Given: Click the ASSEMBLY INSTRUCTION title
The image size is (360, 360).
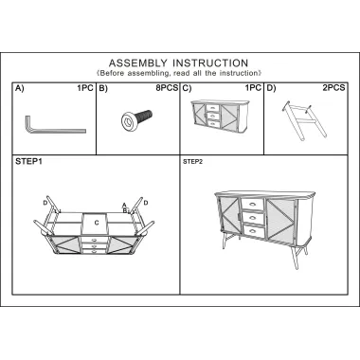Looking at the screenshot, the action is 178,63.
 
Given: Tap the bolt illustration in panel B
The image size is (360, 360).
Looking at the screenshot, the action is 136,118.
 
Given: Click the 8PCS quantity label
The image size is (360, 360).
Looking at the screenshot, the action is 167,88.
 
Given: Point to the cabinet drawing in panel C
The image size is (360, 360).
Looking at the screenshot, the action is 220,117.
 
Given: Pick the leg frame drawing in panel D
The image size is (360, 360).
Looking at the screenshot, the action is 300,120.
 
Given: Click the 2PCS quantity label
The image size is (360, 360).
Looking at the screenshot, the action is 333,88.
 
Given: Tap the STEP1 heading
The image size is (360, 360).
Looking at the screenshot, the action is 28,161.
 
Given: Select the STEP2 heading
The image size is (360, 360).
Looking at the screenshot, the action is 192,162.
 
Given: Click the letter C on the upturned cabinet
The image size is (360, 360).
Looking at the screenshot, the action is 97,223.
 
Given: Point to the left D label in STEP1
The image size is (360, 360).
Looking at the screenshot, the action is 45,203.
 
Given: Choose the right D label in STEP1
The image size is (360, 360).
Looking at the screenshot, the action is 146,203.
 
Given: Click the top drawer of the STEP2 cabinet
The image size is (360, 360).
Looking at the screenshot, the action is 252,205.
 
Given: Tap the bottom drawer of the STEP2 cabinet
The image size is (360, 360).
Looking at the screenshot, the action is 253,231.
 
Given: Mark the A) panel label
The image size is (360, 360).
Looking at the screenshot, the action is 20,88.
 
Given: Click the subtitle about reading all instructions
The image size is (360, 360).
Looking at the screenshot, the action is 179,73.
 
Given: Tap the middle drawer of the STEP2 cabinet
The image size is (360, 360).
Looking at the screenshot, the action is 253,218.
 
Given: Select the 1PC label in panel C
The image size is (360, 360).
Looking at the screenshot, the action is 254,88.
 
